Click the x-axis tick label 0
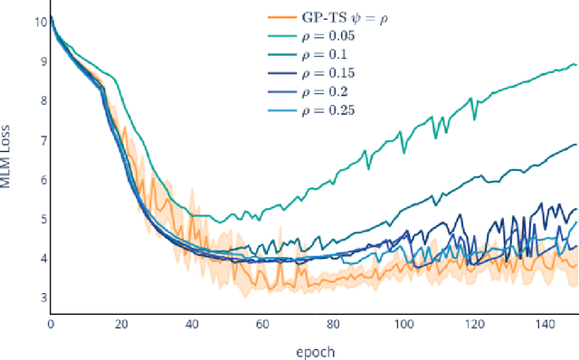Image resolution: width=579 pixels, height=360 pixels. pos(51,324)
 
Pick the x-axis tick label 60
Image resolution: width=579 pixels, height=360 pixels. pos(263,324)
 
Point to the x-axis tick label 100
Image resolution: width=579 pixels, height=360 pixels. pos(404,324)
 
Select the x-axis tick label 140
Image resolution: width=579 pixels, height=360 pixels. pos(546,324)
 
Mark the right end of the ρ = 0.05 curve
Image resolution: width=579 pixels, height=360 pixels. pos(576,65)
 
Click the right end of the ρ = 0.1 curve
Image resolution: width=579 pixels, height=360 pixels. pos(576,145)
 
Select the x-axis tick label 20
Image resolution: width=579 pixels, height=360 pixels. pos(122,324)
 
